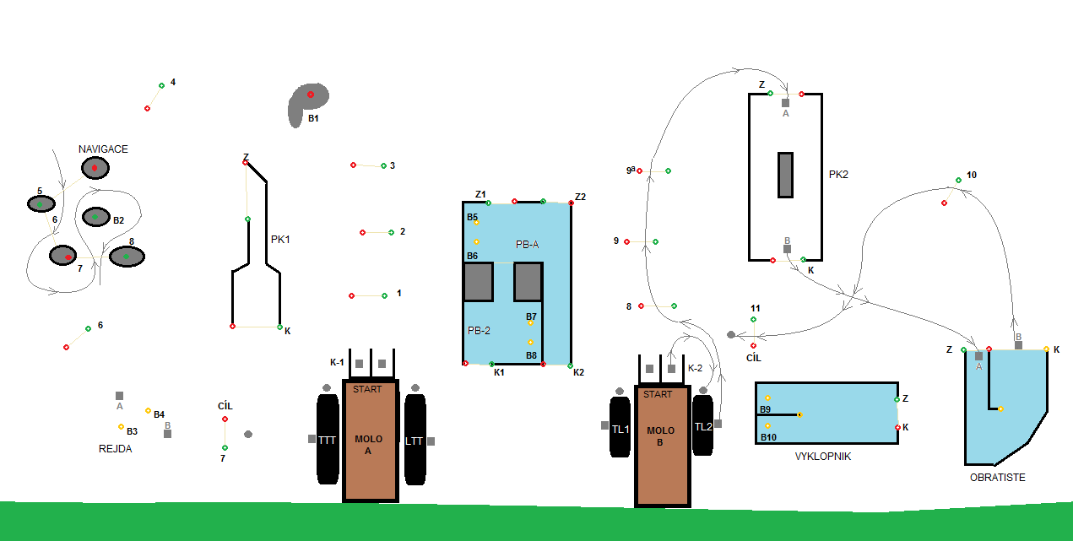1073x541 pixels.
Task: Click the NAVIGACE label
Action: click(x=103, y=149)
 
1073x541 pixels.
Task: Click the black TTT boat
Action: click(x=327, y=440)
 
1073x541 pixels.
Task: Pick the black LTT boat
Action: click(x=414, y=440)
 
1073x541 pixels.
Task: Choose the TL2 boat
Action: click(x=703, y=426)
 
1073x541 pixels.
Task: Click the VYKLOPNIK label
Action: click(x=822, y=457)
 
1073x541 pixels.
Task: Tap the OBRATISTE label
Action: click(x=997, y=478)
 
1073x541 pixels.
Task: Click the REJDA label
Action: click(x=115, y=449)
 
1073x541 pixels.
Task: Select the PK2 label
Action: click(x=838, y=175)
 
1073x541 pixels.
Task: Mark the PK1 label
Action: click(x=280, y=240)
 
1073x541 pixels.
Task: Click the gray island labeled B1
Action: click(x=307, y=102)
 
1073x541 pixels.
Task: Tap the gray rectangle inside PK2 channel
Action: click(x=785, y=175)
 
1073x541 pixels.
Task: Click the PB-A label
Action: click(x=527, y=244)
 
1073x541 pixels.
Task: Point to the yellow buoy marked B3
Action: click(x=121, y=426)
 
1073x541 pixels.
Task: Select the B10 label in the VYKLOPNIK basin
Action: click(x=768, y=437)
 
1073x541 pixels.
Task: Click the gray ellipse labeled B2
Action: click(x=95, y=217)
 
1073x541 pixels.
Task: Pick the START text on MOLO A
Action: click(x=367, y=390)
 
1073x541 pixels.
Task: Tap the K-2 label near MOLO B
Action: click(x=695, y=368)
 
